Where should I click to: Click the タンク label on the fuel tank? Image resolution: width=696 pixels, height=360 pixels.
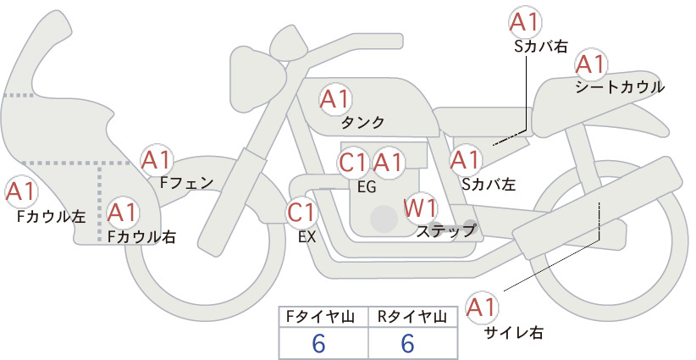pyautogui.click(x=362, y=123)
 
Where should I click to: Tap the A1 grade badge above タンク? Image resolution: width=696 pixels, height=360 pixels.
pyautogui.click(x=335, y=99)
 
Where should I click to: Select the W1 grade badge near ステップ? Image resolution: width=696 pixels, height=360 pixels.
pyautogui.click(x=420, y=208)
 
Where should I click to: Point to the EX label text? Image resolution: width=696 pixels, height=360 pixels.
pyautogui.click(x=307, y=237)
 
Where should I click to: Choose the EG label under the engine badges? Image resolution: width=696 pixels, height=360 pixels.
pyautogui.click(x=367, y=187)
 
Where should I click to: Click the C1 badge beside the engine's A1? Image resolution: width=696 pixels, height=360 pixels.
pyautogui.click(x=353, y=163)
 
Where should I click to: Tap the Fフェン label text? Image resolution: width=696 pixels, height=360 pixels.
pyautogui.click(x=186, y=182)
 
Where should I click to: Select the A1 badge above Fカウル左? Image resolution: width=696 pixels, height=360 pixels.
pyautogui.click(x=21, y=191)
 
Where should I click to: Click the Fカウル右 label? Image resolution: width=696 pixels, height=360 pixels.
pyautogui.click(x=141, y=236)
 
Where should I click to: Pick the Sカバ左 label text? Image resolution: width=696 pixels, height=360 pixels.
pyautogui.click(x=489, y=184)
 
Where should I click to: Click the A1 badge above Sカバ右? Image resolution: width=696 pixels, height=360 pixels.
pyautogui.click(x=525, y=22)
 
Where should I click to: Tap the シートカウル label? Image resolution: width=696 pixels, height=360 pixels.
pyautogui.click(x=620, y=87)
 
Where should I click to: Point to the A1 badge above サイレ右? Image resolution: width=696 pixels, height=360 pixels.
pyautogui.click(x=482, y=307)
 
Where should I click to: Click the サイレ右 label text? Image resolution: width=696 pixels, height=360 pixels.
pyautogui.click(x=514, y=333)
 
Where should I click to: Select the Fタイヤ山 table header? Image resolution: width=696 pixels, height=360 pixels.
pyautogui.click(x=320, y=317)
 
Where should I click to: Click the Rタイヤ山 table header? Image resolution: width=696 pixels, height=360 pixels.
pyautogui.click(x=412, y=317)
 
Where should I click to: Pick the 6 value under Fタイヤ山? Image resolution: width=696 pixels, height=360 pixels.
pyautogui.click(x=319, y=344)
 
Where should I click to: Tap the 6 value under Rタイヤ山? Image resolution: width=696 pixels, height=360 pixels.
pyautogui.click(x=407, y=344)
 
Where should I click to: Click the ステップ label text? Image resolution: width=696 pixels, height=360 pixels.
pyautogui.click(x=445, y=231)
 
